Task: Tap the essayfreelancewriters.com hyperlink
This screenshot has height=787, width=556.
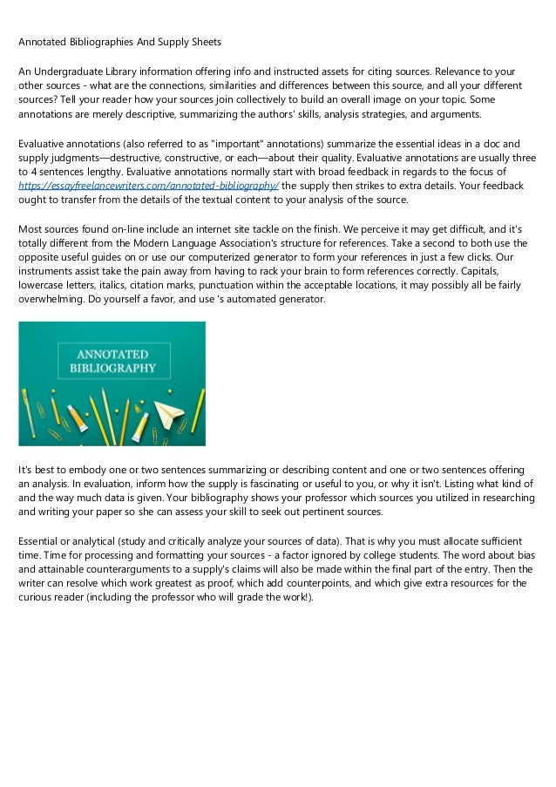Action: click(x=145, y=186)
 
